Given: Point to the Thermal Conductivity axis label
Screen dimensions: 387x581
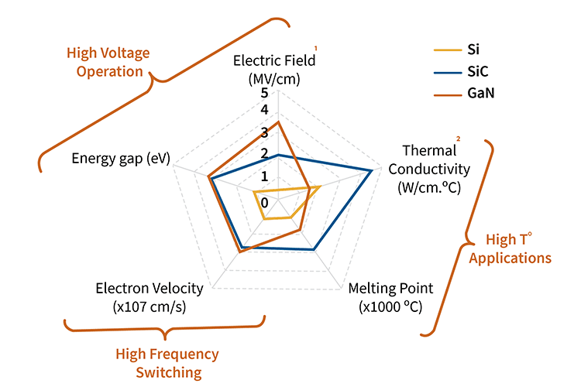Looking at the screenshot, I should [429, 169].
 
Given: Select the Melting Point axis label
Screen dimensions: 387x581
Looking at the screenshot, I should [390, 296].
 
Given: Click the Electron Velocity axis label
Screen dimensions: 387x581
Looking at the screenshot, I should [150, 296].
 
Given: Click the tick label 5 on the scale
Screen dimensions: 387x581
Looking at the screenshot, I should [265, 92].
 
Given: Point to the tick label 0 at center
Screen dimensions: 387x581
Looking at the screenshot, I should [265, 203].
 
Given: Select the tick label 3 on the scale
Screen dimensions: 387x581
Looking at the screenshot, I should [265, 132].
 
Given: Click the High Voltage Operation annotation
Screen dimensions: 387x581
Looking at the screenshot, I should [108, 62].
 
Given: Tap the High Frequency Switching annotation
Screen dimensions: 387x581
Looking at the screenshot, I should [167, 363].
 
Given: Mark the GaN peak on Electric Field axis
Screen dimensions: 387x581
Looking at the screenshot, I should [278, 121].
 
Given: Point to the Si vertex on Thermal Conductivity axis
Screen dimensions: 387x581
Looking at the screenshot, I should [320, 187].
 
